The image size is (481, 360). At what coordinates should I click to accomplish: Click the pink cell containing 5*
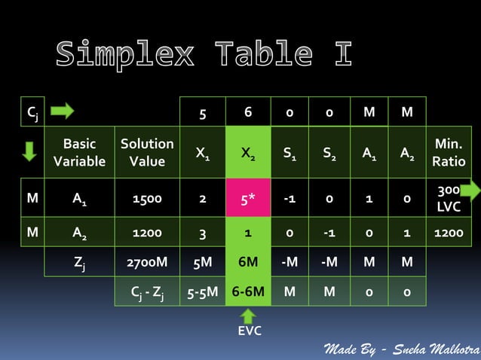coord(248,199)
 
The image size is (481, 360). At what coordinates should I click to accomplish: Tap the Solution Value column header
coord(147,152)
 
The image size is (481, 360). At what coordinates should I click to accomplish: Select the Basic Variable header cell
coord(79,152)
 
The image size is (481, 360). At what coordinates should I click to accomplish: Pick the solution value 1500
coord(147,199)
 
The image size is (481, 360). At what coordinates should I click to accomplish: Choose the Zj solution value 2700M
coord(147,263)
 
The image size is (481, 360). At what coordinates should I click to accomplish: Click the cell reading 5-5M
coord(202,291)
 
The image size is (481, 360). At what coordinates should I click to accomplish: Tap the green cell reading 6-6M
coord(248,291)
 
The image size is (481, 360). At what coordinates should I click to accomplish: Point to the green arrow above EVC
coord(248,315)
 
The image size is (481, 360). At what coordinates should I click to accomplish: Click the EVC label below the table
coord(249,331)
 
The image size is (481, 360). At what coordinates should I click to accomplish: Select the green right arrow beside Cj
coord(62,111)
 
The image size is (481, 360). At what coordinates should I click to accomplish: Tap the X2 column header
coord(248,154)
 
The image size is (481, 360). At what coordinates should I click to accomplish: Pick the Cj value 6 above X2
coord(248,112)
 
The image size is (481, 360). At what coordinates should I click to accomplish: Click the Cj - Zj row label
coord(147,291)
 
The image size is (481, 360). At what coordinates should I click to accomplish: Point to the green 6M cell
coord(248,263)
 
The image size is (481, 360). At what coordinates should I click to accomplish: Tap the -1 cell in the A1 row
coord(290,199)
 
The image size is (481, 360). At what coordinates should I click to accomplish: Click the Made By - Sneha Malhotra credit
coord(401,349)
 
